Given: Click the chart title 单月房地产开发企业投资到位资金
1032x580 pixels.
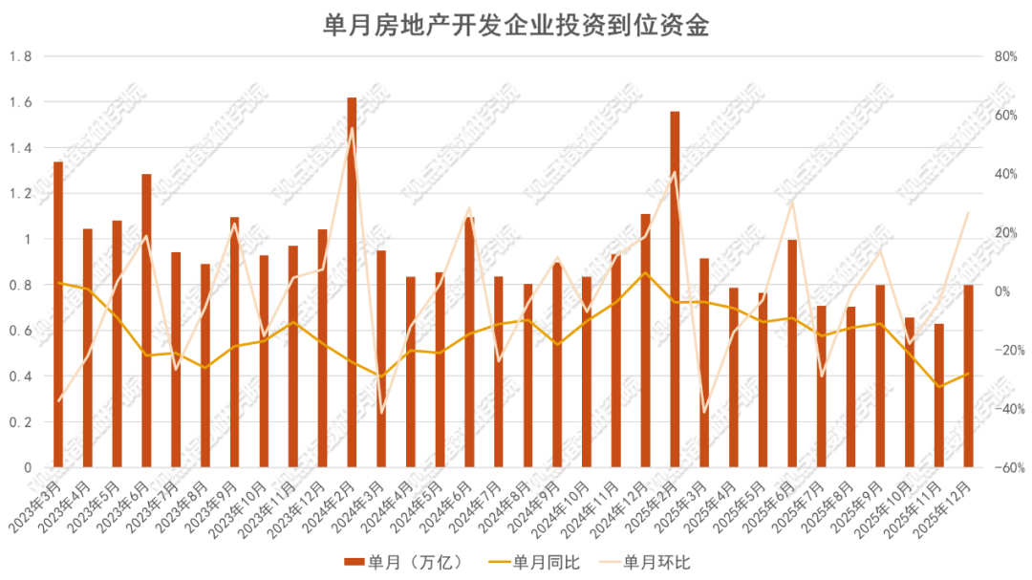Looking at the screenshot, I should (516, 26).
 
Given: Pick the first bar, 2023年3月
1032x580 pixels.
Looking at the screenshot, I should (58, 314).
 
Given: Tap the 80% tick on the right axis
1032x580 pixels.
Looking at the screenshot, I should (1005, 56).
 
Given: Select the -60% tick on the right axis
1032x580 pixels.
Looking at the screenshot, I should (1003, 467).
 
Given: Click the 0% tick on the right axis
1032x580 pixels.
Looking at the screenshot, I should (1001, 290).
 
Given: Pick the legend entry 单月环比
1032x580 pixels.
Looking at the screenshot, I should (647, 560).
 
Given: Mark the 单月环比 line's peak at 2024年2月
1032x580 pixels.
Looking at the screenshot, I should (352, 128).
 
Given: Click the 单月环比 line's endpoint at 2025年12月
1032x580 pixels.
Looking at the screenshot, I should (969, 211).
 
